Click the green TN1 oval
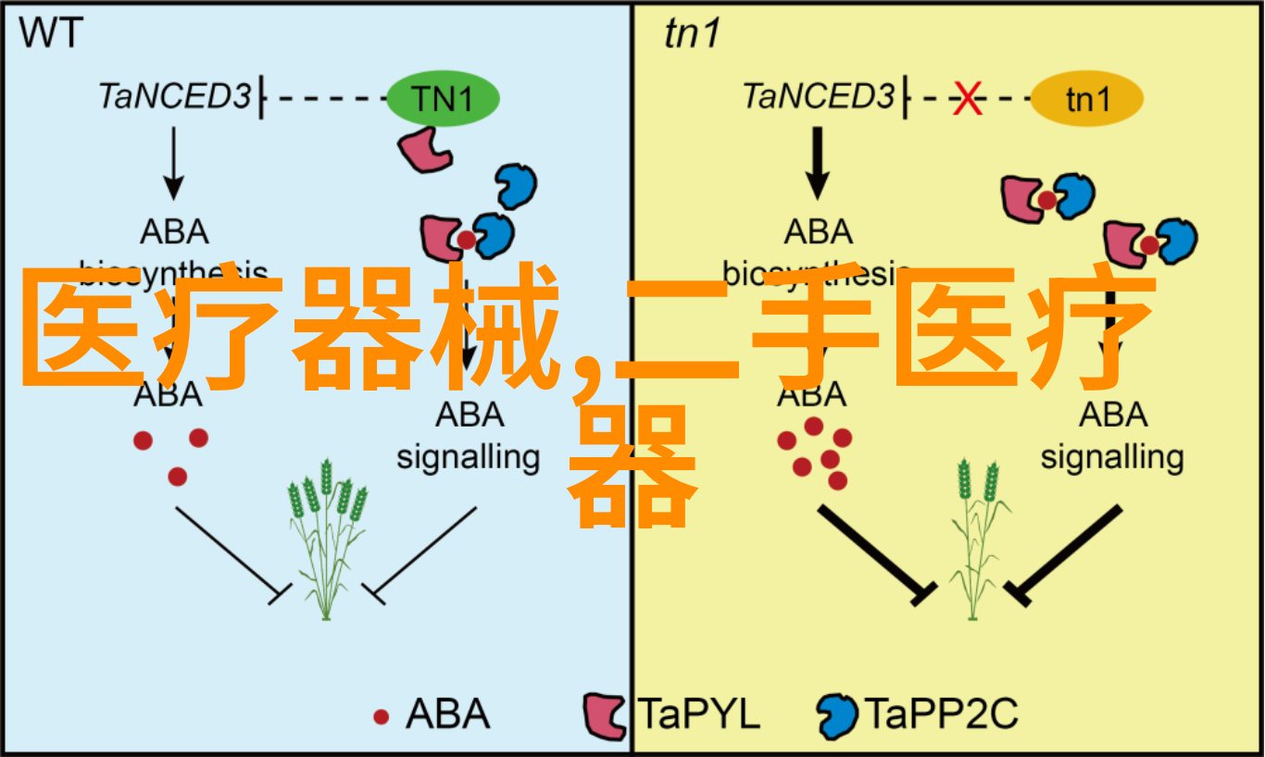(444, 99)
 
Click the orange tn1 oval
(1086, 99)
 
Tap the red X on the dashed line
(968, 98)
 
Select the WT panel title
(52, 34)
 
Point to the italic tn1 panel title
(692, 34)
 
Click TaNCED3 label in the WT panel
(175, 96)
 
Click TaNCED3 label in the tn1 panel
(819, 96)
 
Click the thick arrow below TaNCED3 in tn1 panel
(817, 162)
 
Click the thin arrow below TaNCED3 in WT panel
(172, 162)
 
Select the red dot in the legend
(381, 716)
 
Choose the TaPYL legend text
(699, 715)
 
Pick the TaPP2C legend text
(941, 715)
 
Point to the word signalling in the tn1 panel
(1112, 457)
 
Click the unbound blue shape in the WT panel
(516, 187)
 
